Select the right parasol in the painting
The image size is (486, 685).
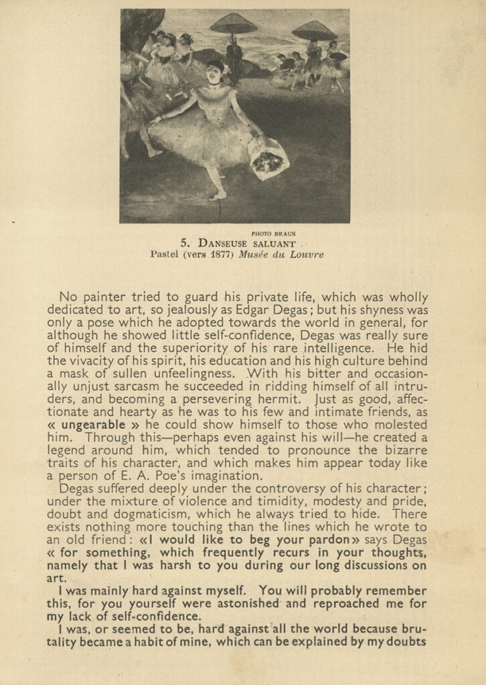[x=314, y=30]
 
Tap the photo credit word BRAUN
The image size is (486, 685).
[x=284, y=233]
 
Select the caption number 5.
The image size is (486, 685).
[x=185, y=243]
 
